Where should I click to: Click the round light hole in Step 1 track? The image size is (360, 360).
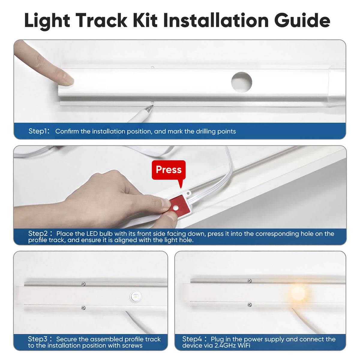point(241,82)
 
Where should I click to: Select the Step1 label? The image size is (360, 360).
point(39,131)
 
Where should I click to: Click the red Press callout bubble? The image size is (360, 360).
point(169,170)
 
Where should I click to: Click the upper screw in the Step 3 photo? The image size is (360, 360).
point(83,284)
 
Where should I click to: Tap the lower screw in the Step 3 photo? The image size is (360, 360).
point(83,307)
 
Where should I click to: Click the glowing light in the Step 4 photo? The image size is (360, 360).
point(298,293)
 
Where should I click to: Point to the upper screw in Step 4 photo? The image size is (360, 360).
point(249,281)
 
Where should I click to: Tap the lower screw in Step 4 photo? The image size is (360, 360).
point(249,305)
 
